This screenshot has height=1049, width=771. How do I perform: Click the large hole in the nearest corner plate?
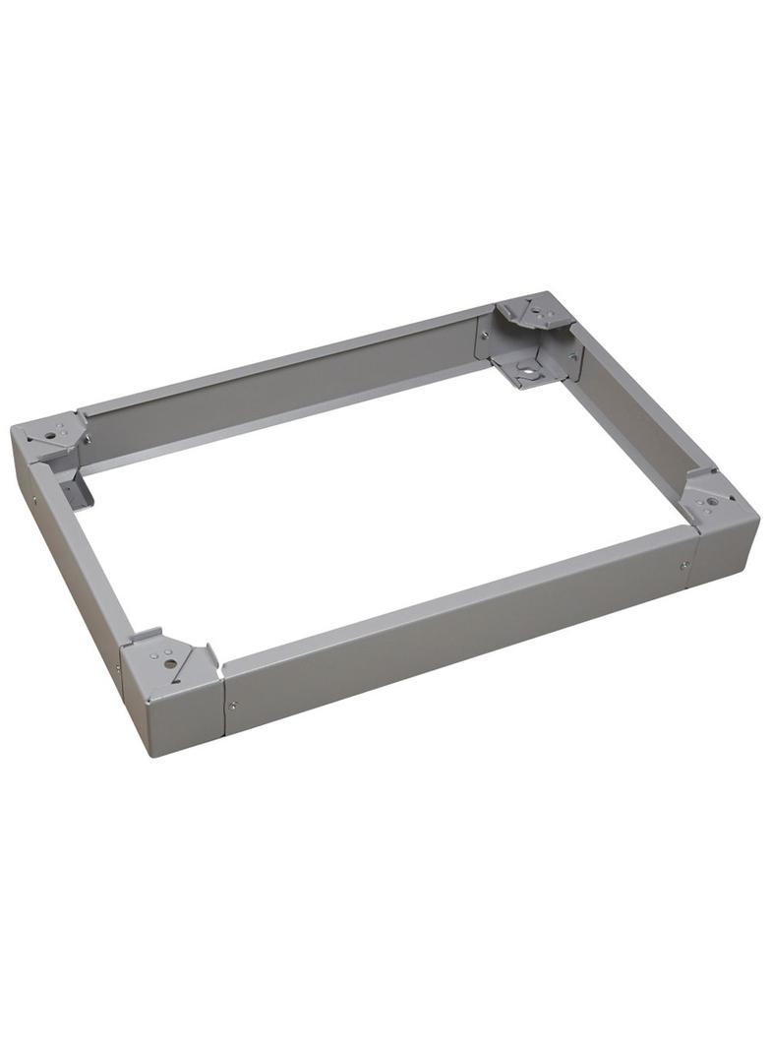click(170, 663)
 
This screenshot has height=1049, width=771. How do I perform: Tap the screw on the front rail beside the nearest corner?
click(232, 705)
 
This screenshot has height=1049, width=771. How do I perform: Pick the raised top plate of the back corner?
click(535, 311)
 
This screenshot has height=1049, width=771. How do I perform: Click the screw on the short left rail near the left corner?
click(36, 500)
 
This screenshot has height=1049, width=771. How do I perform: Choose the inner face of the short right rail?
click(629, 423)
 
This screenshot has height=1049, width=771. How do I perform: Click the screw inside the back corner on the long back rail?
click(485, 336)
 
